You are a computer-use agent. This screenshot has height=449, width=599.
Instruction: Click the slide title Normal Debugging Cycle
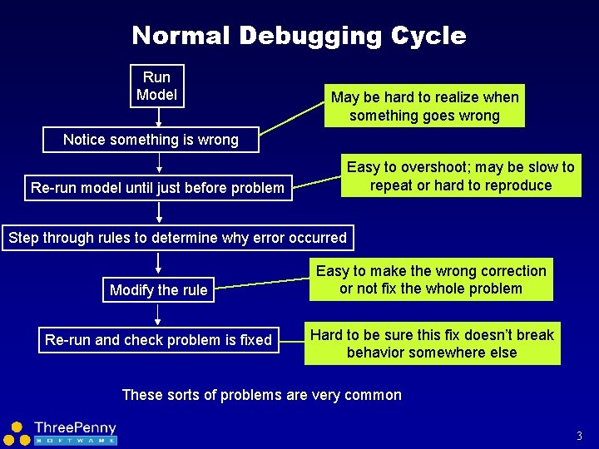click(299, 36)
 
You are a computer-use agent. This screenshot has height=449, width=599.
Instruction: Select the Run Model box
click(156, 86)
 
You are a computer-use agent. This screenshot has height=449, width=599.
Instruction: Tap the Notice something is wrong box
click(151, 140)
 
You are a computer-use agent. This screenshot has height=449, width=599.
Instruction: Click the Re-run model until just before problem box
click(157, 188)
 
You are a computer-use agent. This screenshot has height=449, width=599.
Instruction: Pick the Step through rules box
click(177, 238)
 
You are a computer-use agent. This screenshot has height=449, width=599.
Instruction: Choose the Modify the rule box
click(158, 290)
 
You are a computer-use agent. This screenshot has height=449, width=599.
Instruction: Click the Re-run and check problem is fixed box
click(158, 339)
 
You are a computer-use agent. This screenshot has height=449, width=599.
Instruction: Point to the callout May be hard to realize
click(424, 106)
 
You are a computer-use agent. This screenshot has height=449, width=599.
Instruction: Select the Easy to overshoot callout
click(460, 176)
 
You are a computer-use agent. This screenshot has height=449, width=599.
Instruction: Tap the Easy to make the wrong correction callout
click(431, 280)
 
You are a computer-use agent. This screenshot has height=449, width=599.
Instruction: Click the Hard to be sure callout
click(432, 343)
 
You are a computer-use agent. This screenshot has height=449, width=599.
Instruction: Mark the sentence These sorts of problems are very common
click(261, 395)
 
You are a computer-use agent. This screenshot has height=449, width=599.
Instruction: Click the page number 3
click(579, 436)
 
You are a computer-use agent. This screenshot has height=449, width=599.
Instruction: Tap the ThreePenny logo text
click(75, 428)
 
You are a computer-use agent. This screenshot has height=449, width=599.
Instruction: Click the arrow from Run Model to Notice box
click(156, 117)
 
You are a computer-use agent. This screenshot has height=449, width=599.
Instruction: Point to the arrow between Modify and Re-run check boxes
click(158, 313)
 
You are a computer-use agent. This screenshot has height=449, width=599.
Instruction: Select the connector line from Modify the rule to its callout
click(262, 284)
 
